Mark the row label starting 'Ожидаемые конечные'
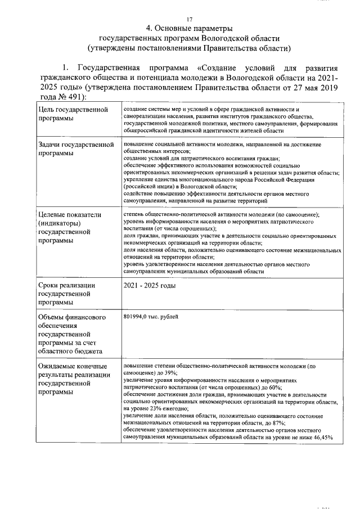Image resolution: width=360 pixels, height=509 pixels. coord(71,379)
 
